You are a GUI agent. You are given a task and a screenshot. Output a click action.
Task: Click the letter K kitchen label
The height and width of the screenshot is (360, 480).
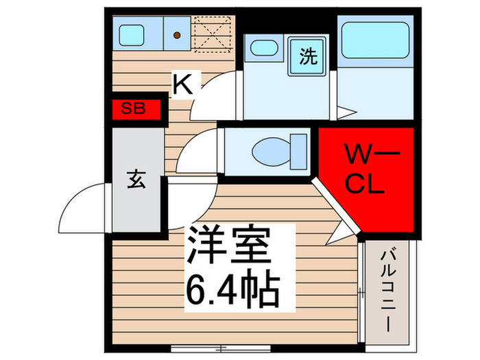click(182, 84)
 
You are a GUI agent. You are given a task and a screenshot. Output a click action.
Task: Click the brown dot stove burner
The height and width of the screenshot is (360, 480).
click(177, 34)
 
